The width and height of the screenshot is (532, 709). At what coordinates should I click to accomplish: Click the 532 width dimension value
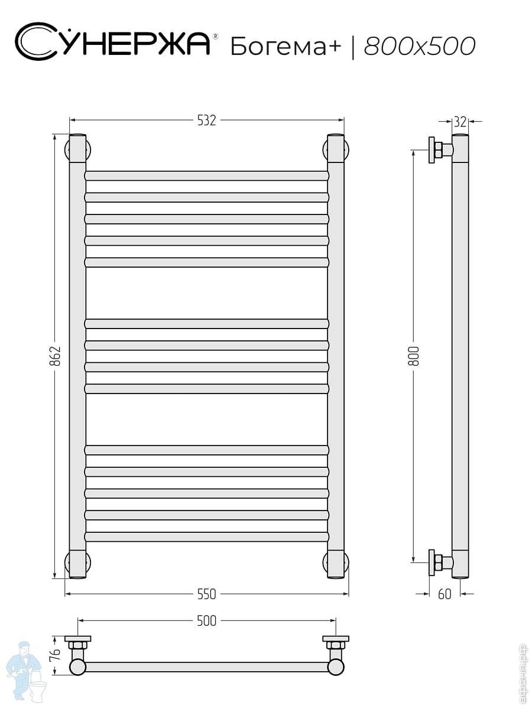[x=206, y=120]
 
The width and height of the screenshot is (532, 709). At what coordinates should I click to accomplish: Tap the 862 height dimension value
[x=55, y=356]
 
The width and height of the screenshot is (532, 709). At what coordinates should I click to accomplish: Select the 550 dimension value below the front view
[x=206, y=594]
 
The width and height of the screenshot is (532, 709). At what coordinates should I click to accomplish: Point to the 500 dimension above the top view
[x=206, y=621]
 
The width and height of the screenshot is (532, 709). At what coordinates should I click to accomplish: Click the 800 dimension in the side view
[x=413, y=356]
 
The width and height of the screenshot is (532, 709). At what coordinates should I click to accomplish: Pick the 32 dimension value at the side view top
[x=460, y=122]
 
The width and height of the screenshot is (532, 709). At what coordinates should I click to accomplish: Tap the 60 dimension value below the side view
[x=445, y=594]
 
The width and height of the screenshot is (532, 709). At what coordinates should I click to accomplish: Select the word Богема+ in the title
[x=286, y=46]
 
